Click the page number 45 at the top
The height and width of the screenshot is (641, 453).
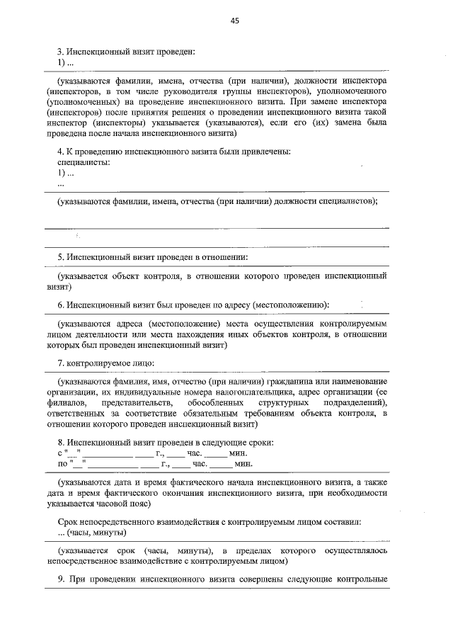click(234, 21)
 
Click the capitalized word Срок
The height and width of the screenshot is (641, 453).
click(69, 521)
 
